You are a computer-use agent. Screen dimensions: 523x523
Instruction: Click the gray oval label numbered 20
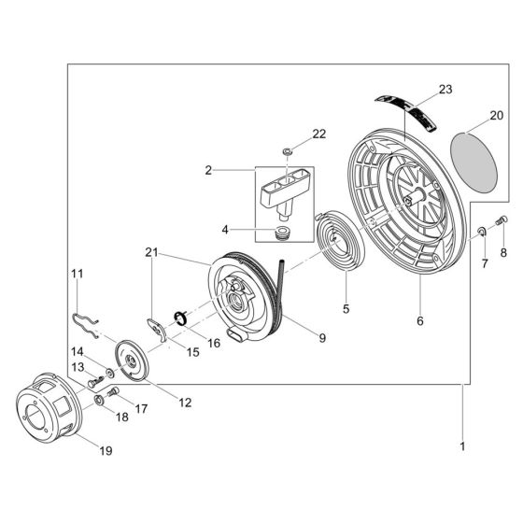(474, 163)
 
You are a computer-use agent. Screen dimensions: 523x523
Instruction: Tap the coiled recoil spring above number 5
(340, 242)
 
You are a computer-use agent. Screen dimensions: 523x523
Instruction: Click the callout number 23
(445, 90)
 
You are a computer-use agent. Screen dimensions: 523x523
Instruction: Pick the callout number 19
(106, 451)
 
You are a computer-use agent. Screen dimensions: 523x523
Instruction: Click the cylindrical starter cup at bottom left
(49, 407)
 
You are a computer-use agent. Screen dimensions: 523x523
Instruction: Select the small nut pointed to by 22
(288, 151)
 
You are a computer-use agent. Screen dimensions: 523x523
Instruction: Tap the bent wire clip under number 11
(85, 325)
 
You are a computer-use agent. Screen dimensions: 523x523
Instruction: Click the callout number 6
(420, 321)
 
